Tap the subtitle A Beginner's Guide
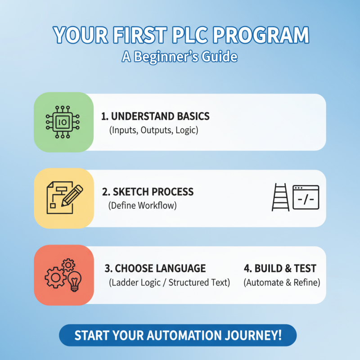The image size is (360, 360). (x=180, y=57)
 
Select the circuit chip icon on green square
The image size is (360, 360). (x=63, y=121)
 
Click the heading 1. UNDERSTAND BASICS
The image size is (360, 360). (x=156, y=116)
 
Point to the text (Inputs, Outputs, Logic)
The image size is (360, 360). (x=153, y=131)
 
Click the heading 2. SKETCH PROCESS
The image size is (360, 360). (x=148, y=192)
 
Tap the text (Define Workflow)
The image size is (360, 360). (x=142, y=206)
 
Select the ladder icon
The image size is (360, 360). (x=280, y=198)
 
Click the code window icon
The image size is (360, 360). (x=306, y=198)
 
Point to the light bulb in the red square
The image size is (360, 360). (x=74, y=280)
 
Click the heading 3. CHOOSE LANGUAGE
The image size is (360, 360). (x=155, y=269)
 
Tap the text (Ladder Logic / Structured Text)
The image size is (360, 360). (x=169, y=283)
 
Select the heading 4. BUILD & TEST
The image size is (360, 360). (x=280, y=269)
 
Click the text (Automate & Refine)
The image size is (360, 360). (x=282, y=283)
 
